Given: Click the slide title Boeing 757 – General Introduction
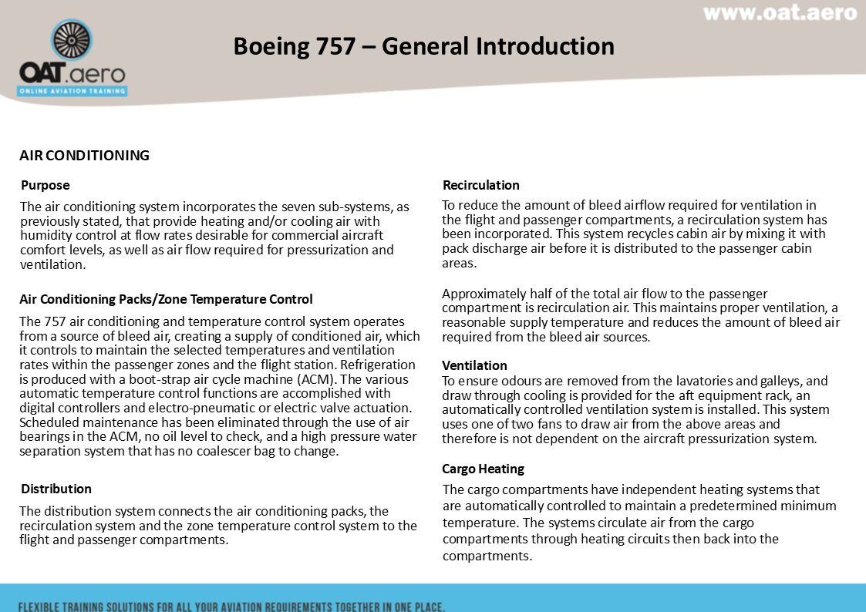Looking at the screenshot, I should tap(423, 46).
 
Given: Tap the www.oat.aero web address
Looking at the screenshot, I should tap(780, 13).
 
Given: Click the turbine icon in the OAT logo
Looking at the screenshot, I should tap(72, 39).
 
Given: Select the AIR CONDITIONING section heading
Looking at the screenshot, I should tap(84, 156).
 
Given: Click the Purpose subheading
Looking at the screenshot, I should tap(45, 185).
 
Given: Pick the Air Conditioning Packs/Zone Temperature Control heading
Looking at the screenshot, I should tap(167, 299).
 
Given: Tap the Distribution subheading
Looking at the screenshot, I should tap(56, 489).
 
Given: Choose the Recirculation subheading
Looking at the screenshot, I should tap(481, 185).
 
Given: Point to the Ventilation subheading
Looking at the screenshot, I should tap(474, 365).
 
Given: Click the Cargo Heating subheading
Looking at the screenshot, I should tap(483, 469).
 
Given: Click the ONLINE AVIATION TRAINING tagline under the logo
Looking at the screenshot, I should tap(72, 91).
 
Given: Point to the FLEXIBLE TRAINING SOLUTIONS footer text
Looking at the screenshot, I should tap(231, 606).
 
